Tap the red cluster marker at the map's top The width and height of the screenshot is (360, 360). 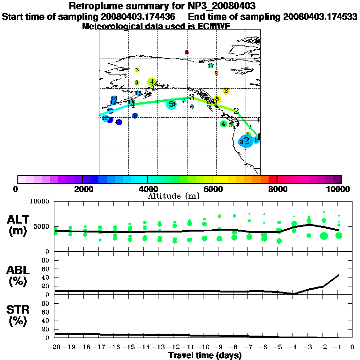[x=187, y=52]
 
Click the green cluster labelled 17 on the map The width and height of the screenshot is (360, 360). [x=211, y=66]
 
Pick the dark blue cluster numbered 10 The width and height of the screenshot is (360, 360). [x=119, y=122]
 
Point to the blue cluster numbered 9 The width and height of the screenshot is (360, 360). [x=135, y=116]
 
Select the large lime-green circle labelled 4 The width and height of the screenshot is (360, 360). [x=151, y=82]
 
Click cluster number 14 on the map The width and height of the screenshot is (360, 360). [x=114, y=98]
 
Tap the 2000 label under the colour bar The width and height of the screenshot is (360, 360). [x=82, y=189]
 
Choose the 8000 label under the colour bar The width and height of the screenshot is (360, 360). [x=277, y=189]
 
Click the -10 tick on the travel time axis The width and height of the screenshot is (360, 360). [x=204, y=347]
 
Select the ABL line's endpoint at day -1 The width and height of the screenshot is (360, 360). [x=338, y=275]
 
